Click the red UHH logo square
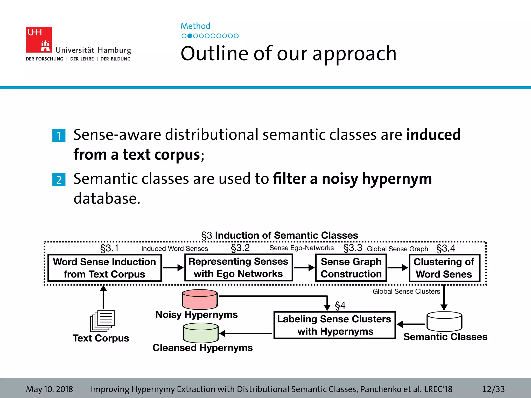tap(39, 40)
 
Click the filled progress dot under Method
tap(190, 36)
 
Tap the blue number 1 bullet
tap(59, 136)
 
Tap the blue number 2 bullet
tap(59, 180)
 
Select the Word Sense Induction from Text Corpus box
tap(105, 268)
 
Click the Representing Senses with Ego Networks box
tap(238, 267)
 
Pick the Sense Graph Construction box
tap(351, 268)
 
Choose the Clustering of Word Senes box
tap(444, 268)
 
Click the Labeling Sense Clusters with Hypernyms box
tap(334, 325)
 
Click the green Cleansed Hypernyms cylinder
tap(201, 333)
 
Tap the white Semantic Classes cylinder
tap(444, 321)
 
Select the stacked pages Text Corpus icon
tap(102, 321)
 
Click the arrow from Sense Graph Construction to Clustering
tap(397, 268)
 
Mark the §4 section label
tap(340, 305)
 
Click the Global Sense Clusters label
tap(406, 292)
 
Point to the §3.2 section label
tap(240, 248)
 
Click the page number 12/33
tap(493, 389)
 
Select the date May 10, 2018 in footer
tap(50, 389)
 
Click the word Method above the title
tap(195, 26)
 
